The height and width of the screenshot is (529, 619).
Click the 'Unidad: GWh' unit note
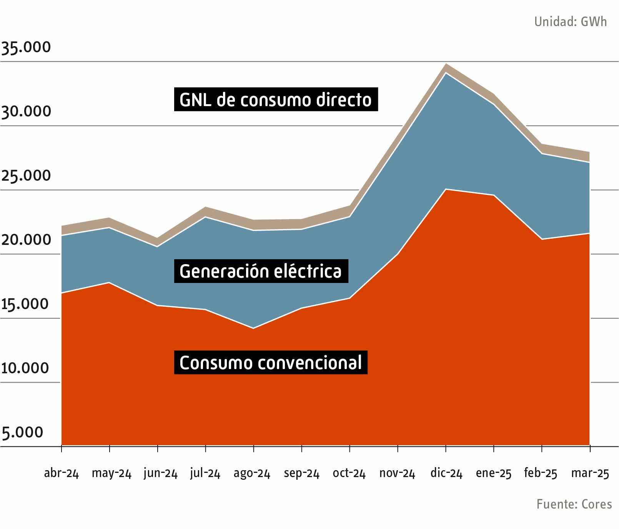pyautogui.click(x=570, y=22)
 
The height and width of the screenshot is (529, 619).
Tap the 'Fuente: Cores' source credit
pyautogui.click(x=574, y=504)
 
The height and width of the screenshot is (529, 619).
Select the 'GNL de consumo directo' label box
pyautogui.click(x=276, y=100)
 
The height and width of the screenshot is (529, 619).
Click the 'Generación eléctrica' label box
pyautogui.click(x=261, y=271)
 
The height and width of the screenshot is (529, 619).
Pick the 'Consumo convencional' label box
pyautogui.click(x=270, y=363)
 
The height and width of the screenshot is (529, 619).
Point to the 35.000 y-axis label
pyautogui.click(x=26, y=47)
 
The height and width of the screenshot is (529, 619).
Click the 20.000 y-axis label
pyautogui.click(x=26, y=240)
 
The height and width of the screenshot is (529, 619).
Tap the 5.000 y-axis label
pyautogui.click(x=22, y=433)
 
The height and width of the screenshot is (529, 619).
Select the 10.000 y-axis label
pyautogui.click(x=25, y=368)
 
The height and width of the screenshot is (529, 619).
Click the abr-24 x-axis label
pyautogui.click(x=61, y=473)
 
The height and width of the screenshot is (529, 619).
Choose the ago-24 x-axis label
pyautogui.click(x=252, y=473)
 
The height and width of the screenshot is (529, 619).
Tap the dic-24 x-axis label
pyautogui.click(x=446, y=473)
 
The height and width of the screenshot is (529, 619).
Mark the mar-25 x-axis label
pyautogui.click(x=590, y=473)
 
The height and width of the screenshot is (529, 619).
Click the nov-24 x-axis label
pyautogui.click(x=397, y=473)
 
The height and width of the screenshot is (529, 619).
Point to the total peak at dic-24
pyautogui.click(x=446, y=64)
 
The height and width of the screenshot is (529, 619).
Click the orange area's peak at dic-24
pyautogui.click(x=446, y=189)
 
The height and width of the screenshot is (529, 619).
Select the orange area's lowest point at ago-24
pyautogui.click(x=253, y=328)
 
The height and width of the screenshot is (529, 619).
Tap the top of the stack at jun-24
pyautogui.click(x=158, y=238)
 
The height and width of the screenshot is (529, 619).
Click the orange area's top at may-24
pyautogui.click(x=110, y=283)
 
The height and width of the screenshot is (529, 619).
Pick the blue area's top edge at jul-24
pyautogui.click(x=206, y=217)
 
